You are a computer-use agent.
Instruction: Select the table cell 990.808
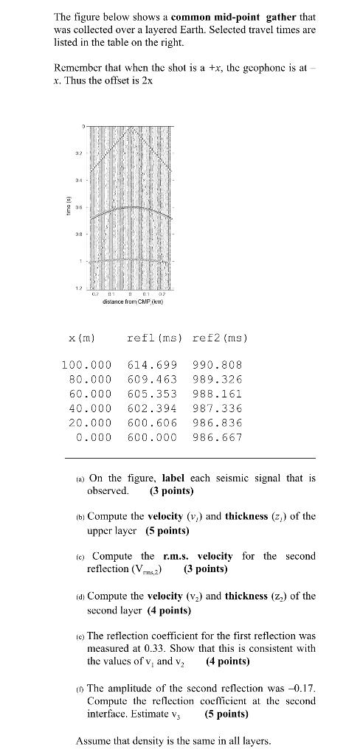click(217, 365)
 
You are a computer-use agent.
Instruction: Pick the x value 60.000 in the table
click(86, 394)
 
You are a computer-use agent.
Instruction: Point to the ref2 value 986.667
click(217, 436)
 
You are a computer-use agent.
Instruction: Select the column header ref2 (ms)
click(219, 338)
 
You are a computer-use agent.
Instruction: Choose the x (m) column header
click(83, 338)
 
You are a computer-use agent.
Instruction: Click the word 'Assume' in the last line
click(94, 740)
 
